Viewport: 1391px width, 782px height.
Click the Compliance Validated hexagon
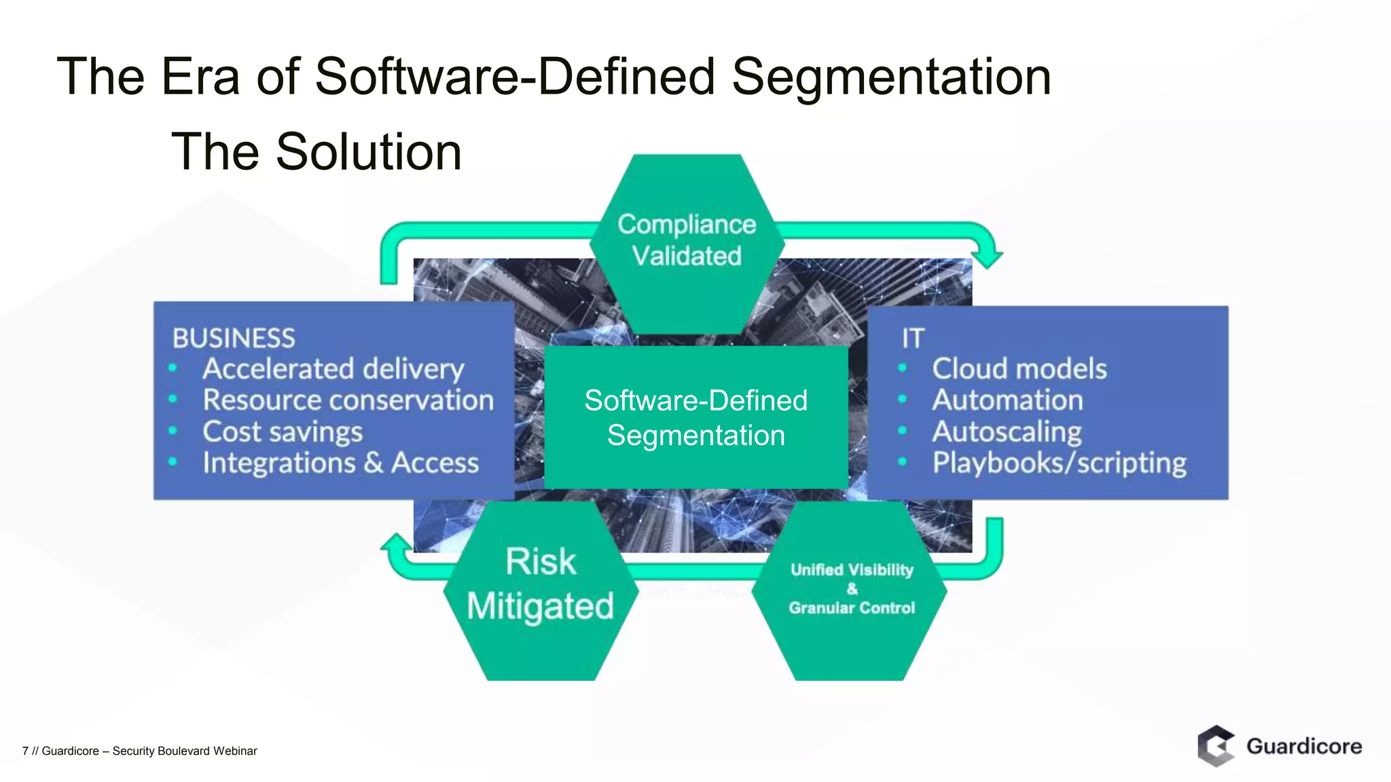tap(687, 241)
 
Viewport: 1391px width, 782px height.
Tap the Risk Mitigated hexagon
tap(541, 586)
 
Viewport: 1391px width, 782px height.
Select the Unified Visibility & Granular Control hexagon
tap(852, 589)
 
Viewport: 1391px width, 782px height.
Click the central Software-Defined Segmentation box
tap(696, 417)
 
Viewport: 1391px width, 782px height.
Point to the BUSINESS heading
tap(234, 338)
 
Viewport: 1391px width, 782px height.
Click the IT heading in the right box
tap(913, 338)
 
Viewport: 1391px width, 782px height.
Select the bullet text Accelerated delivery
tap(333, 369)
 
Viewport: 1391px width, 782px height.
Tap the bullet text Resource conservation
tap(348, 400)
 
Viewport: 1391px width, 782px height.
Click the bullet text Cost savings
tap(283, 432)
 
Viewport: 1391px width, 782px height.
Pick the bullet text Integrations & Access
tap(340, 463)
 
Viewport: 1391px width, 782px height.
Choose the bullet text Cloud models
tap(1019, 369)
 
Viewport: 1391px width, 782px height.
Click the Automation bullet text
tap(1007, 400)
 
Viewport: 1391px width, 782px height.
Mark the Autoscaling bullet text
tap(1007, 432)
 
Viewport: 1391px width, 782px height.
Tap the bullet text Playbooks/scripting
tap(1059, 463)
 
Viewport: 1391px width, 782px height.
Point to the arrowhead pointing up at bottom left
tap(397, 543)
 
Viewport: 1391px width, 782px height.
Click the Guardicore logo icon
tap(1216, 746)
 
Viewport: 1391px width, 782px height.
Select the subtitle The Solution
tap(317, 151)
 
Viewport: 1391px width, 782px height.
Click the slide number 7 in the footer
tap(25, 751)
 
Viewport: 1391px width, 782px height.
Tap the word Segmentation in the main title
tap(891, 76)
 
